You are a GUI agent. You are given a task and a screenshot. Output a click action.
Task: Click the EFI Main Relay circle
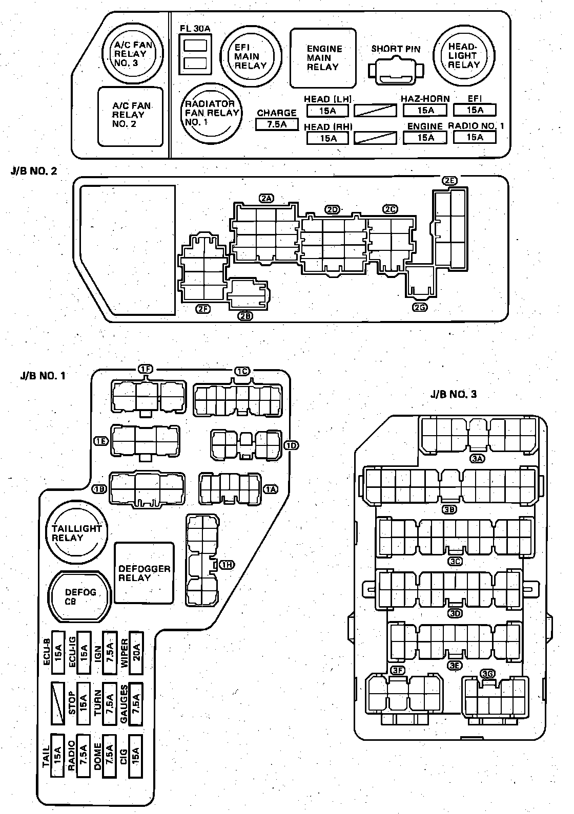tap(251, 56)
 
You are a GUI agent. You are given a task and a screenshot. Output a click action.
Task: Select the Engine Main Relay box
tap(323, 58)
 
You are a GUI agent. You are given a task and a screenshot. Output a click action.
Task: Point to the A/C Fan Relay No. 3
tap(133, 53)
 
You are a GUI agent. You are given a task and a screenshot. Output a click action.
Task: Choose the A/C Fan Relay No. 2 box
tap(131, 115)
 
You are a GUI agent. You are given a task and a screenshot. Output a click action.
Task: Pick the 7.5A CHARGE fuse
tap(277, 124)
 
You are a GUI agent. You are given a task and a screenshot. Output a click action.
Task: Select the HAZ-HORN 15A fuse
tap(425, 110)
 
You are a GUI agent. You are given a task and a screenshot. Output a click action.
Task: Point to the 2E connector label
tap(449, 181)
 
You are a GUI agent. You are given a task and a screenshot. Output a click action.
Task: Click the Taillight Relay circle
tap(76, 533)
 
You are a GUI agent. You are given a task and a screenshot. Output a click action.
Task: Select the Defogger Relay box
tap(144, 573)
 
